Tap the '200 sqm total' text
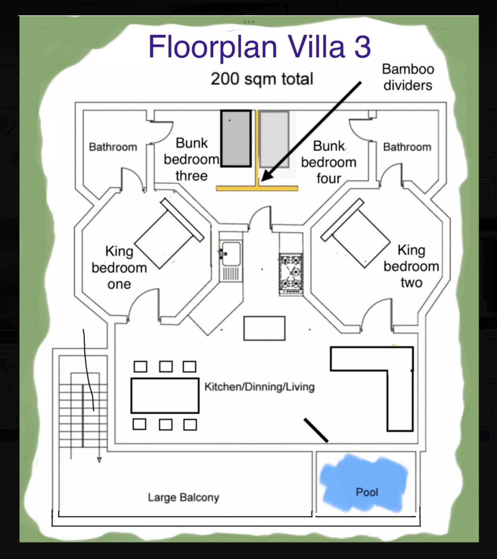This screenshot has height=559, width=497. (x=262, y=79)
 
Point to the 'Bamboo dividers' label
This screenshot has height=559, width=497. (x=408, y=77)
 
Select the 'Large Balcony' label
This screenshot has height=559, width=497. (x=183, y=497)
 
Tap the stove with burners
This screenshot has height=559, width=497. (x=291, y=274)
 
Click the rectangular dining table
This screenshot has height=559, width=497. (x=165, y=396)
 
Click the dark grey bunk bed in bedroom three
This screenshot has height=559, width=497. (x=236, y=138)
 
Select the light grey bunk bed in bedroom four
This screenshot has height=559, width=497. (x=274, y=139)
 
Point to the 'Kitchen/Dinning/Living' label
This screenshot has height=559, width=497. (x=260, y=387)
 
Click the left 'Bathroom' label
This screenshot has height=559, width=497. (x=113, y=147)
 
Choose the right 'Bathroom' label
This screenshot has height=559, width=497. (x=407, y=147)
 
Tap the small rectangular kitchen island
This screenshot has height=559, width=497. (x=264, y=328)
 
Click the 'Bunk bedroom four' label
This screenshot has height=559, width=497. (x=329, y=162)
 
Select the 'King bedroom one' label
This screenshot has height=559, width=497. (x=119, y=267)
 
